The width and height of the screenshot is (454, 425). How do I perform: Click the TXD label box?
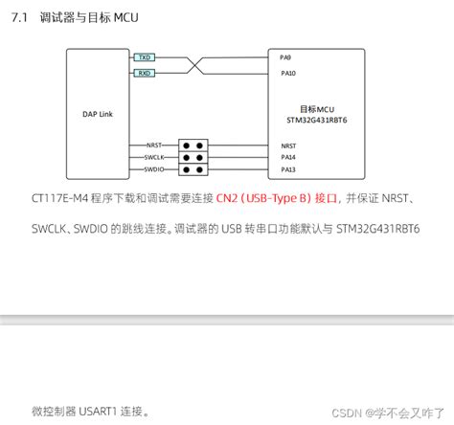[143, 57]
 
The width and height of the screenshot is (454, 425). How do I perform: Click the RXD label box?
[143, 73]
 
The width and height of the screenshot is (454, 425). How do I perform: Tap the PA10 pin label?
[288, 73]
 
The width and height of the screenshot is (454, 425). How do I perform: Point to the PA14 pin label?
[288, 156]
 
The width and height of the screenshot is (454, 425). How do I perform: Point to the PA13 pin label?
[288, 168]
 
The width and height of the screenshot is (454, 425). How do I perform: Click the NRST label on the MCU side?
[288, 145]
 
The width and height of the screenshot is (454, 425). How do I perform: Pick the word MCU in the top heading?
[126, 16]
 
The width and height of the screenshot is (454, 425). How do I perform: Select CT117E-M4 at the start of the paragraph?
[58, 199]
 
